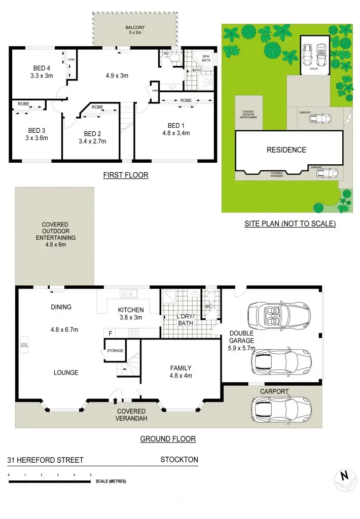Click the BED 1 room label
[177, 126]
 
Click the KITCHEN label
[131, 310]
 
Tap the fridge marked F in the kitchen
[110, 333]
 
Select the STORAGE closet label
[115, 350]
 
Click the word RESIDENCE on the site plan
[286, 150]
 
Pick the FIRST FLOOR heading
[125, 175]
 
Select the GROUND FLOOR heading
[167, 439]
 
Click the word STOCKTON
[179, 460]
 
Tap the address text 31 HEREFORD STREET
[45, 460]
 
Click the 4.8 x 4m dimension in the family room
[181, 376]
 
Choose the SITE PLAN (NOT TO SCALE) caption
[290, 223]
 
